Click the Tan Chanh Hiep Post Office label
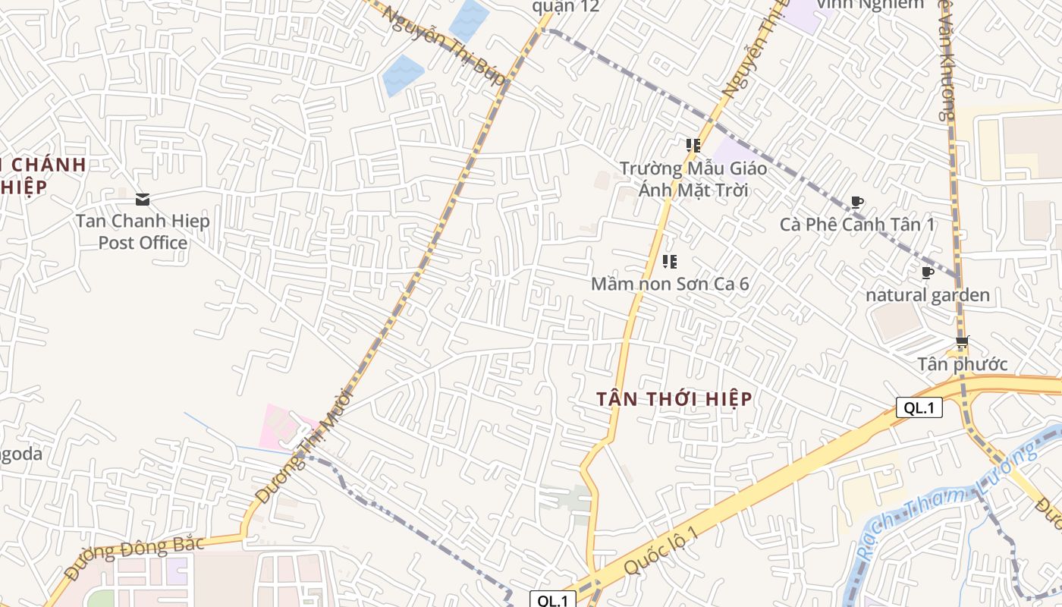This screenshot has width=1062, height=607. (x=143, y=232)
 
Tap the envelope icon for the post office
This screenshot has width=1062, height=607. (x=143, y=200)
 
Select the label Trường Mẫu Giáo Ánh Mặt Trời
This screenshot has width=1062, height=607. (x=693, y=179)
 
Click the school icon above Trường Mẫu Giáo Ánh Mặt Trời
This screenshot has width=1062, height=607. (x=693, y=144)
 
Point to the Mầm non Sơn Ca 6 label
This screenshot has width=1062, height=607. (x=670, y=284)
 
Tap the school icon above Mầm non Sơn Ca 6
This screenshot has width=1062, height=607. (x=670, y=262)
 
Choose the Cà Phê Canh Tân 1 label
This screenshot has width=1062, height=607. (x=857, y=225)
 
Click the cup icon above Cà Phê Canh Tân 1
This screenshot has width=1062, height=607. (x=857, y=202)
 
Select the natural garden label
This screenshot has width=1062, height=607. (x=928, y=295)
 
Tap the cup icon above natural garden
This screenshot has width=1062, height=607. (x=927, y=272)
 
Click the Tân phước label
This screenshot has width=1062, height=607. (x=963, y=364)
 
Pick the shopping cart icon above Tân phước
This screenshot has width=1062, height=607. (x=963, y=341)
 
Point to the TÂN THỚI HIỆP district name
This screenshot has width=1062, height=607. (x=674, y=399)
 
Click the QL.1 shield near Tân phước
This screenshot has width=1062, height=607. (x=919, y=407)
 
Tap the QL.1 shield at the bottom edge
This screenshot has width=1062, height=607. (x=552, y=600)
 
